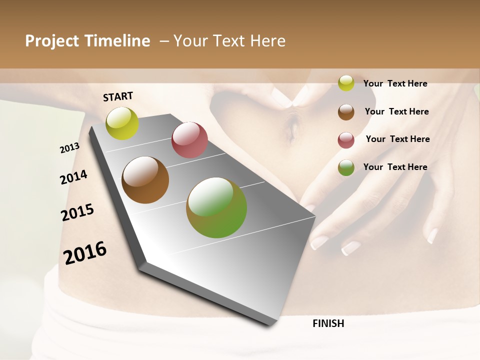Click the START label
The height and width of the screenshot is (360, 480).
click(118, 96)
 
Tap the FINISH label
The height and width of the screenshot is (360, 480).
click(328, 323)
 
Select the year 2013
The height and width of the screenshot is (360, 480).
click(69, 148)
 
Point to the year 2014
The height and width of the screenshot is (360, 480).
click(73, 177)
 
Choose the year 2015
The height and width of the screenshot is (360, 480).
click(77, 212)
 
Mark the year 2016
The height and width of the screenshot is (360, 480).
click(85, 252)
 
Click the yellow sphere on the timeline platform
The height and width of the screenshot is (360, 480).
click(122, 123)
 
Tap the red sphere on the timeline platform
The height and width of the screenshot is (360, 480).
click(189, 140)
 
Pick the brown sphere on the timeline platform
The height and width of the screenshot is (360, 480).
click(145, 180)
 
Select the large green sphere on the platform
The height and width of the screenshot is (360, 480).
click(216, 207)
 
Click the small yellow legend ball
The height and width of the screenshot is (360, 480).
click(346, 83)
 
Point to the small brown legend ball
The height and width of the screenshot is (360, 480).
click(346, 112)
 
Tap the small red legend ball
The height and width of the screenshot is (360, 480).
click(346, 140)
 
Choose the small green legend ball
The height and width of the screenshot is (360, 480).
click(346, 167)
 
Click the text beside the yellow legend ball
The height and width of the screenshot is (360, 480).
click(395, 83)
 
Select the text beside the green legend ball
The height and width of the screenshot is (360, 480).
click(395, 167)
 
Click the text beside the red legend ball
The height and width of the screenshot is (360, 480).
click(397, 139)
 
